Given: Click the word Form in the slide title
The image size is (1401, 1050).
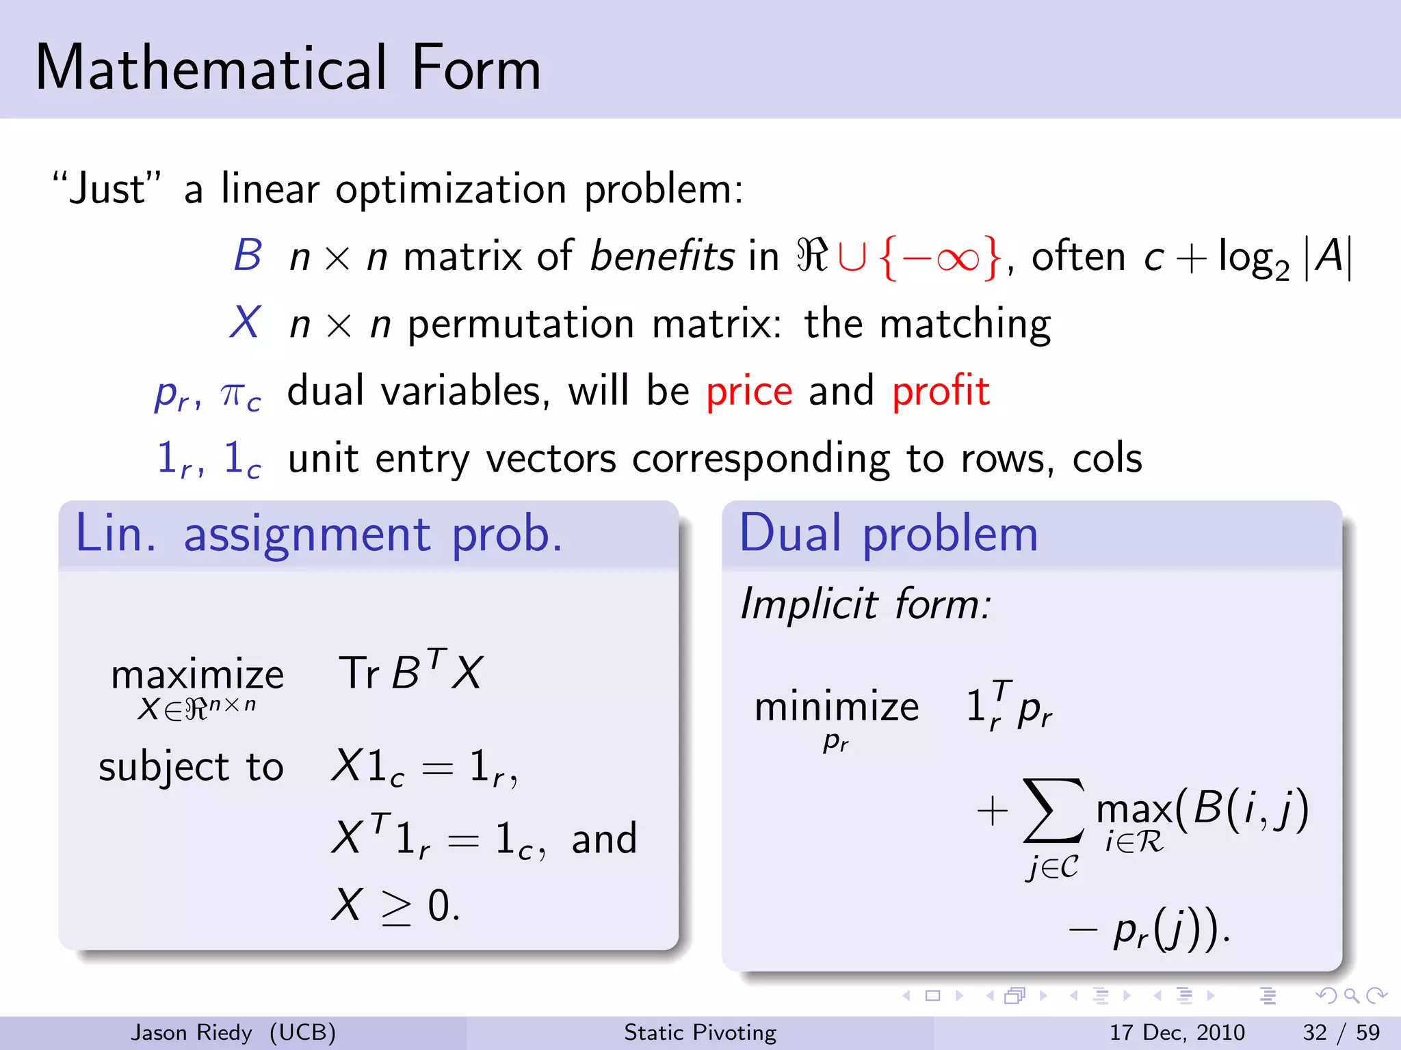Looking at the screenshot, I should click(x=476, y=68).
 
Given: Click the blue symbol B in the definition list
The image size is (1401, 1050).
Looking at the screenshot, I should click(x=248, y=256).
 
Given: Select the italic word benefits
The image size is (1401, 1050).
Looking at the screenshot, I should click(x=662, y=256).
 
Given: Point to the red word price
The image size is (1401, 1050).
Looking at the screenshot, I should click(x=749, y=391).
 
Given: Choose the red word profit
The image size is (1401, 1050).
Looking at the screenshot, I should click(x=941, y=391).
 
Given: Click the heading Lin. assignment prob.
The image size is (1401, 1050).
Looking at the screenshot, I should click(x=319, y=534).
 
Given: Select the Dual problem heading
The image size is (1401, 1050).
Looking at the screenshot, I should click(x=889, y=534).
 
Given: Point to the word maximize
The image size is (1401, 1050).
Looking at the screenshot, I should click(x=197, y=675).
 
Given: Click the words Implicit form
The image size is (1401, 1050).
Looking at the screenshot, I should click(x=865, y=604).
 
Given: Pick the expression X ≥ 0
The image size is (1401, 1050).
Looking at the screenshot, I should click(x=395, y=906).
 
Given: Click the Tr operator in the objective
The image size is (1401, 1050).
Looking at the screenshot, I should click(x=358, y=673).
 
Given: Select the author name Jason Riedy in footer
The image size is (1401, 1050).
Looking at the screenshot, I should click(x=192, y=1032).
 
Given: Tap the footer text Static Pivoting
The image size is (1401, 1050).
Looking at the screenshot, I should click(x=700, y=1032).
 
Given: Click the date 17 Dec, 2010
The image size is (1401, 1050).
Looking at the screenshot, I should click(x=1177, y=1032).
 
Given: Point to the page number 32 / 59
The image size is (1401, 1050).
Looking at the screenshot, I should click(x=1341, y=1032).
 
